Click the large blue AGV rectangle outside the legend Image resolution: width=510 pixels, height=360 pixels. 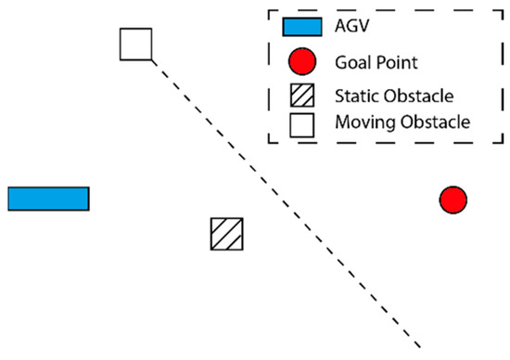coord(48,199)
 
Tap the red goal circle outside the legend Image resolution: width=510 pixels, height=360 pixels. coord(453,199)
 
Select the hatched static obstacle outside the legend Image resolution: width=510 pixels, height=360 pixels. coord(226,234)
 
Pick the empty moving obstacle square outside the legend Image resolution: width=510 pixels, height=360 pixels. coord(135,45)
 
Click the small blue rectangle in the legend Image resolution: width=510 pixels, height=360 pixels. coord(302,27)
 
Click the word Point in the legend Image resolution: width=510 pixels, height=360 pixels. coord(397,64)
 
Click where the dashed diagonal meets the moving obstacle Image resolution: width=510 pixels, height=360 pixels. coord(151,60)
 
